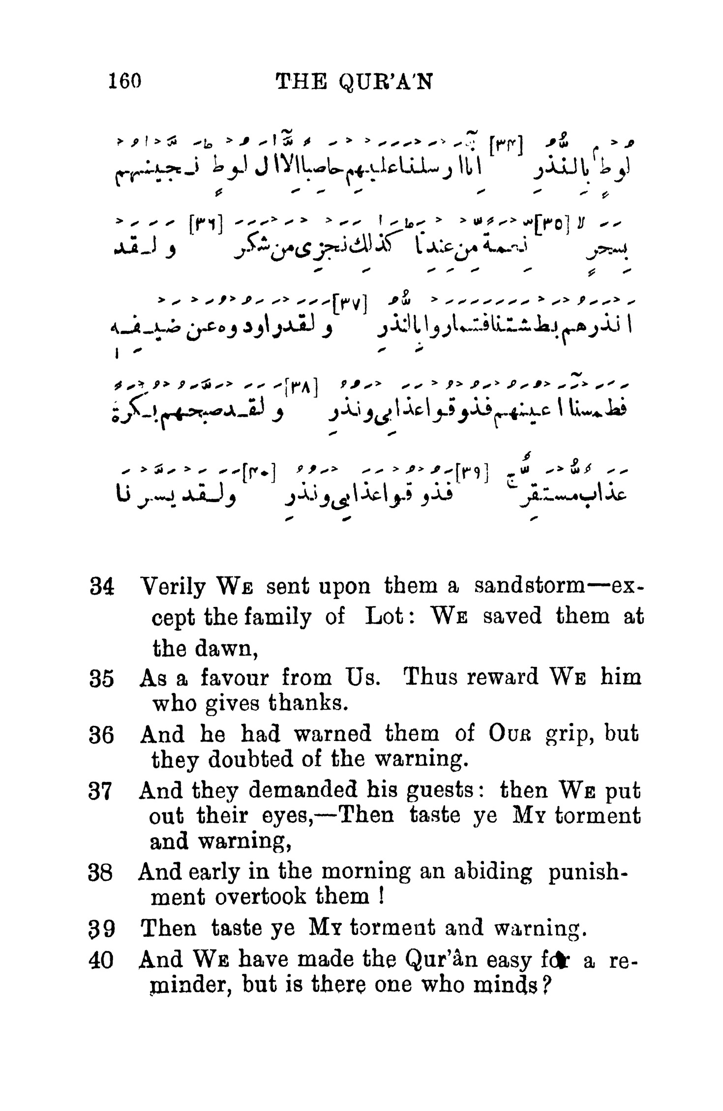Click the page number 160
(x=125, y=81)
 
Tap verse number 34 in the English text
(x=102, y=588)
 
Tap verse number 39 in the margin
(x=102, y=930)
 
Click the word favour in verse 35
(x=235, y=678)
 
